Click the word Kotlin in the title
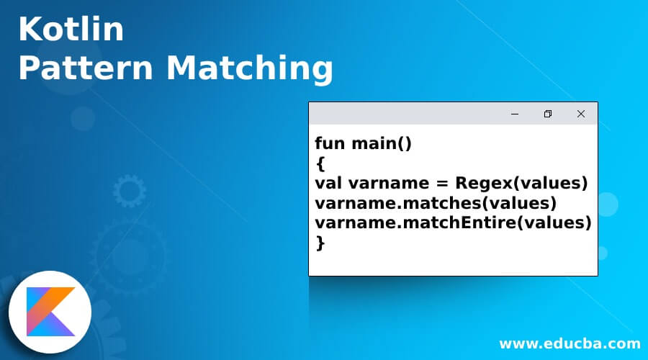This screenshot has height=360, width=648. click(x=71, y=30)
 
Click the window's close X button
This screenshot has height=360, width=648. click(x=580, y=114)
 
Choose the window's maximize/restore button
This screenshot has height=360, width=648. click(x=548, y=114)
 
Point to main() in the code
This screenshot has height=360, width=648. click(x=382, y=143)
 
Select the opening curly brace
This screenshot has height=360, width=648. click(x=320, y=163)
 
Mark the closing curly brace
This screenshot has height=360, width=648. click(x=320, y=243)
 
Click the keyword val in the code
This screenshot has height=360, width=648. click(x=327, y=184)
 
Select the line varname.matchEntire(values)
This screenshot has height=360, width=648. click(x=453, y=223)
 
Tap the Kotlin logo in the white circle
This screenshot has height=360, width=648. click(x=50, y=311)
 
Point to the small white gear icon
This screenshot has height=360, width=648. click(x=130, y=191)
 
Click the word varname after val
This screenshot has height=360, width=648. click(x=387, y=184)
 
